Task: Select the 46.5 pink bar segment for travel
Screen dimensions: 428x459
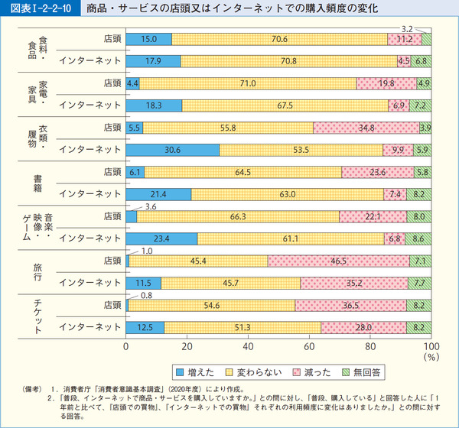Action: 338,261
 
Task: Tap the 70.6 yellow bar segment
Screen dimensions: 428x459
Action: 280,39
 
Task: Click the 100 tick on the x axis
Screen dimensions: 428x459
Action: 431,345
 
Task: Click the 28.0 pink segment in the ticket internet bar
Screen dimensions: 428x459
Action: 363,327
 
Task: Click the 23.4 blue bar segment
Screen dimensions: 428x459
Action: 162,238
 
